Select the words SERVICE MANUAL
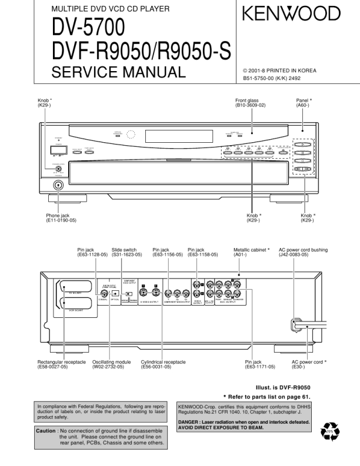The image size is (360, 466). pos(118,72)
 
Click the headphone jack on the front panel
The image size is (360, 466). pos(58,186)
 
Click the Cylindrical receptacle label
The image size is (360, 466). pos(164,364)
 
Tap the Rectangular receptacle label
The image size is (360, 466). pos(62,364)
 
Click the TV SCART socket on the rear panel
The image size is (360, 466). pos(75,288)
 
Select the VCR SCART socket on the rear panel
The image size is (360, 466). pos(75,304)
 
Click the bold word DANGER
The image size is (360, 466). pos(191,422)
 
